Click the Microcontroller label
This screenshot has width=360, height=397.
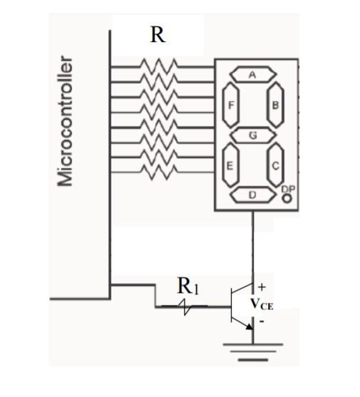tap(66, 121)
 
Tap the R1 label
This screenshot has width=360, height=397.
tap(188, 287)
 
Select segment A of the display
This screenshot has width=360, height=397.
tap(252, 74)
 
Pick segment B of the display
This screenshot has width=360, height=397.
tap(275, 105)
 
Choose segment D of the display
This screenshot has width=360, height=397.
tap(252, 195)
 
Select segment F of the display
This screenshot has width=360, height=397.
tap(230, 105)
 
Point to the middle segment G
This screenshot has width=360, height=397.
tap(252, 135)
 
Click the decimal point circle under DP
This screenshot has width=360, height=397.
tap(287, 199)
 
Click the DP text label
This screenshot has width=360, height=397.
tap(288, 187)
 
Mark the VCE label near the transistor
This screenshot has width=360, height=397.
tap(261, 303)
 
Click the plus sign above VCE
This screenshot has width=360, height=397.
tap(262, 287)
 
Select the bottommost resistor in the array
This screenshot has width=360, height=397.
tap(158, 172)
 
